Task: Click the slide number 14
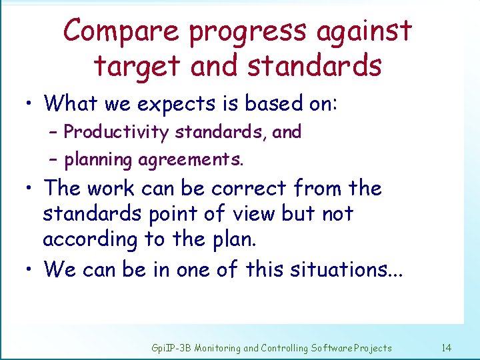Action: pos(447,347)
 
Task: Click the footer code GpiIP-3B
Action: pos(170,348)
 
